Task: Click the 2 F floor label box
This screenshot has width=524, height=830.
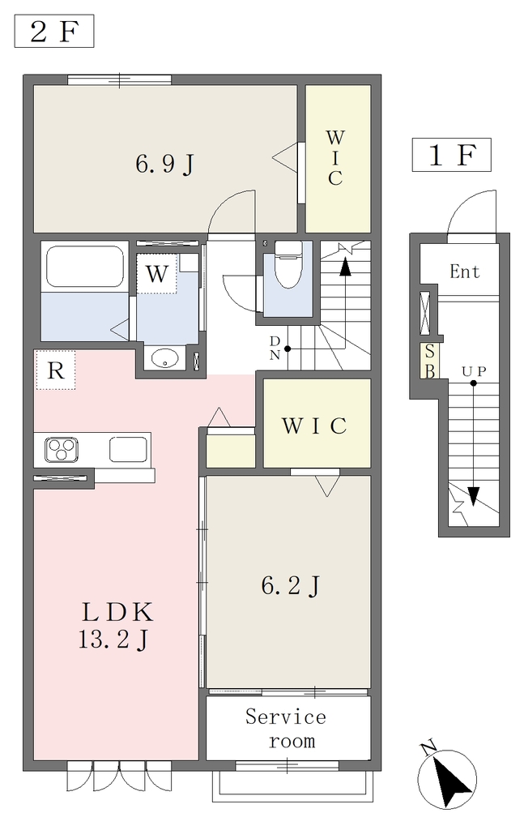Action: click(x=54, y=32)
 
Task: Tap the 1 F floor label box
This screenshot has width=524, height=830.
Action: click(x=452, y=155)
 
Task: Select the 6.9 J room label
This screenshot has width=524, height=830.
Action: click(x=165, y=164)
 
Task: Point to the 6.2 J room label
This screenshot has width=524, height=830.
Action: click(x=290, y=585)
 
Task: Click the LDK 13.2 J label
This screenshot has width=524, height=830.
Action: click(x=116, y=626)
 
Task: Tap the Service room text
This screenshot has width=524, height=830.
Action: click(x=286, y=729)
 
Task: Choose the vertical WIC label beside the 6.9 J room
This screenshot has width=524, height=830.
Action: click(x=334, y=158)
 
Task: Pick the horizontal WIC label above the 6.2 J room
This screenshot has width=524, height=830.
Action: click(x=314, y=425)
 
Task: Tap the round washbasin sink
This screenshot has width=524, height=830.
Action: click(x=164, y=358)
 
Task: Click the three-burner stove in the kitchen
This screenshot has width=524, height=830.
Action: click(x=62, y=450)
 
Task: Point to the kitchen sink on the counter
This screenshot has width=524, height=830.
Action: click(x=128, y=449)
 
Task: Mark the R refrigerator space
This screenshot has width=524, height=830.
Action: click(x=55, y=370)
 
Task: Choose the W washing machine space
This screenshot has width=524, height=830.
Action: click(x=156, y=274)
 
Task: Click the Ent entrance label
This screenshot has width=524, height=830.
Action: click(x=465, y=272)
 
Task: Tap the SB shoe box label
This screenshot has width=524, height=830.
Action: click(x=430, y=361)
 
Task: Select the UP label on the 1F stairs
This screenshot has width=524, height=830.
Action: click(x=474, y=371)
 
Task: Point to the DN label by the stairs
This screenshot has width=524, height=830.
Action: click(x=275, y=348)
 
